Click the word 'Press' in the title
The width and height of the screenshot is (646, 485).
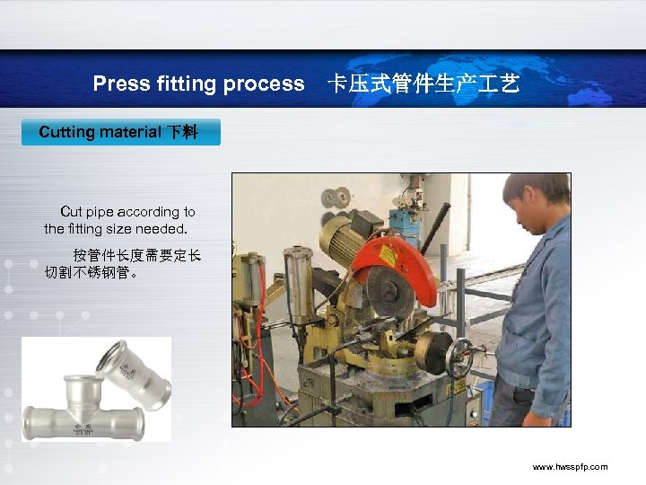pyautogui.click(x=121, y=84)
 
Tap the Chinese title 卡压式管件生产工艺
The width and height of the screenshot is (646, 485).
pyautogui.click(x=423, y=84)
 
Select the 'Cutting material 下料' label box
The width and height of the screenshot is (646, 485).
pyautogui.click(x=120, y=132)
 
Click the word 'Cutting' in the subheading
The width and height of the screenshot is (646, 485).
pyautogui.click(x=66, y=132)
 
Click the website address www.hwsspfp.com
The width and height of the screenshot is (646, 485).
pyautogui.click(x=570, y=467)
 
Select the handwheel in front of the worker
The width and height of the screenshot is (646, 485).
pyautogui.click(x=460, y=359)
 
